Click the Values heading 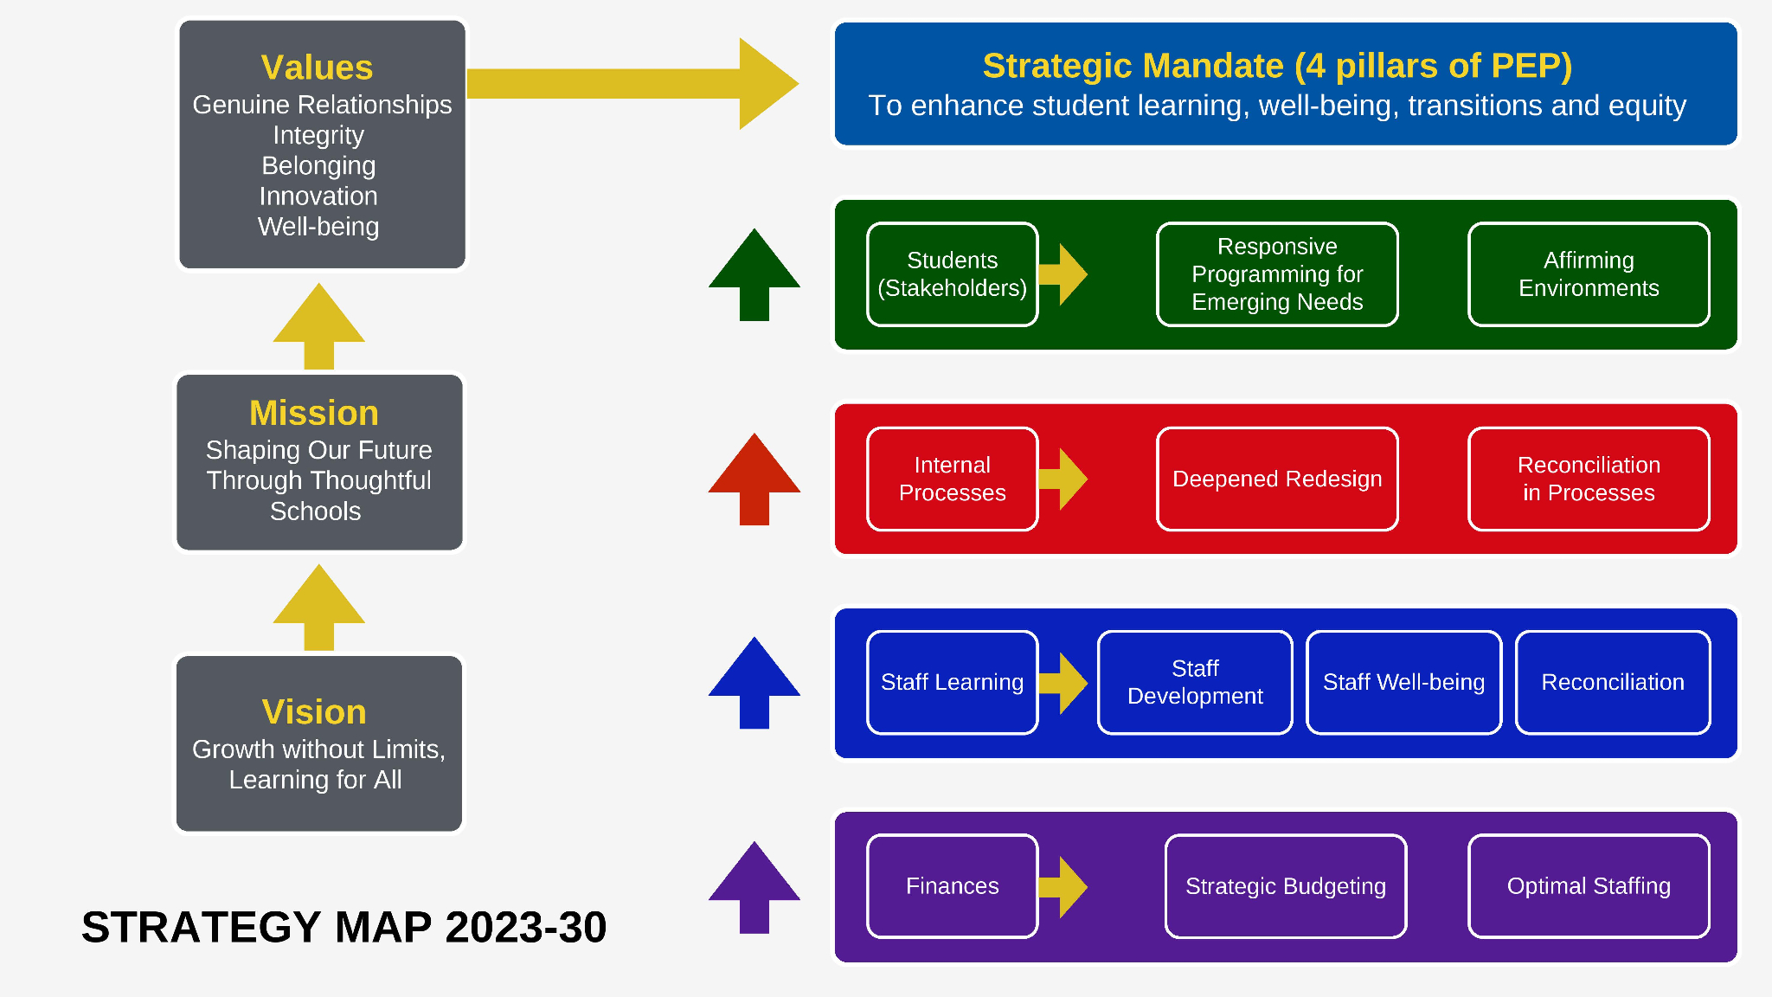(317, 68)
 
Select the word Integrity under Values (318, 135)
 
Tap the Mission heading (314, 413)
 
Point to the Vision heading (314, 711)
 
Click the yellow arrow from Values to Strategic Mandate (632, 84)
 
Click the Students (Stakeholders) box (952, 274)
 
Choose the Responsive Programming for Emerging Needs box (1277, 274)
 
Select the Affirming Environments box (1589, 274)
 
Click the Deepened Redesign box (1277, 479)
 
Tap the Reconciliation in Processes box (1589, 479)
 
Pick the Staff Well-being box (1403, 682)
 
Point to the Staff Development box (1195, 682)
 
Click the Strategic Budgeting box (1286, 886)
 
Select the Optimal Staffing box (1589, 886)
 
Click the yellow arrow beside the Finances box (1063, 886)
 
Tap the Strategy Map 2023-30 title (344, 927)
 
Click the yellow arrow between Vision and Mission (318, 608)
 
